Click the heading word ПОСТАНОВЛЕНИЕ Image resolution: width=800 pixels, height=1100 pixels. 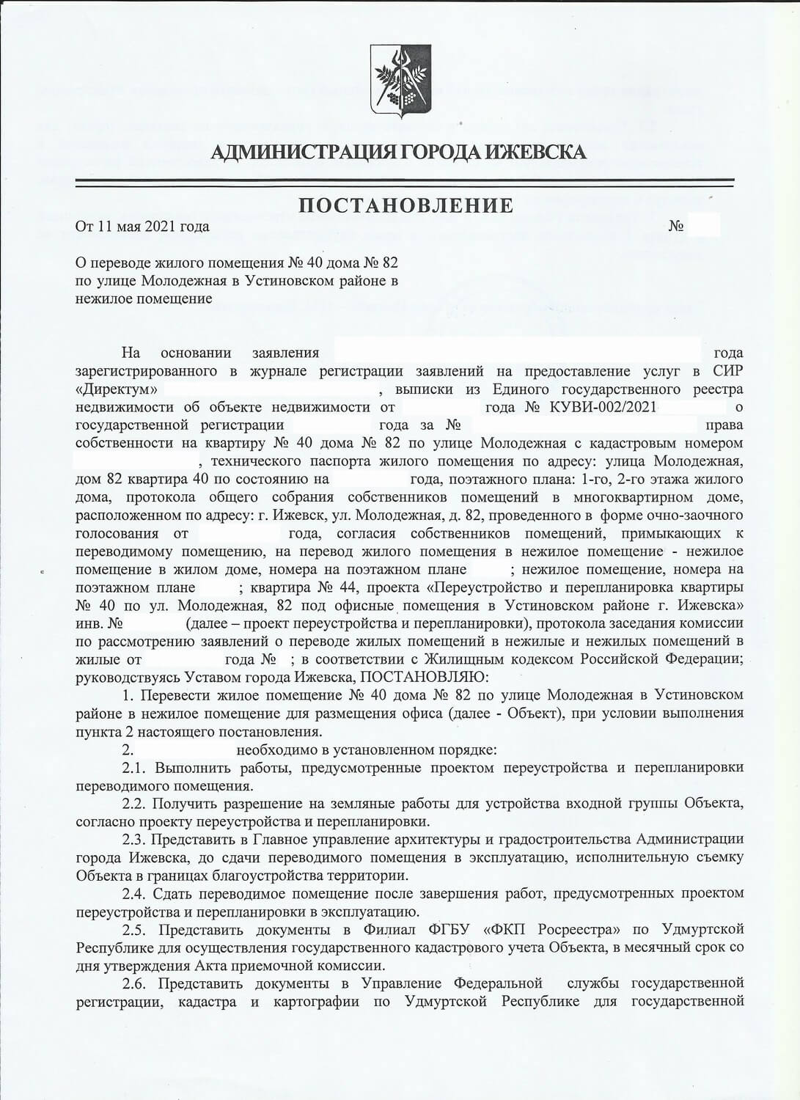(405, 205)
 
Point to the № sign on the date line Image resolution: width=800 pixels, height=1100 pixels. (676, 226)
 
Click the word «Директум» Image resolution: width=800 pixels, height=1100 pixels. (117, 389)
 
